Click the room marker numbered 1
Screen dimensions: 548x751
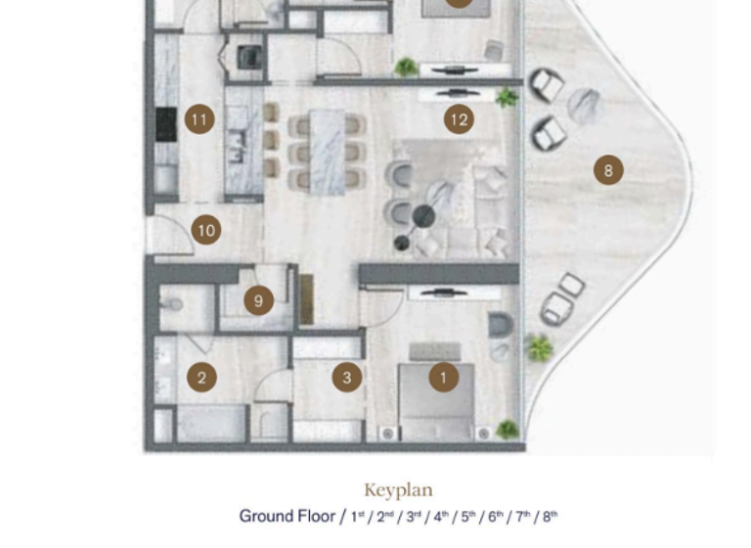[x=443, y=377]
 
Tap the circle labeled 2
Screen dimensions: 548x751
[x=201, y=377]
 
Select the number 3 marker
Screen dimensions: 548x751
[x=346, y=377]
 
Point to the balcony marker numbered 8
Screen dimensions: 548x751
[x=608, y=170]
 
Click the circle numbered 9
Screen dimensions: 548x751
[x=258, y=300]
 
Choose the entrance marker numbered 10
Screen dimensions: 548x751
[x=205, y=231]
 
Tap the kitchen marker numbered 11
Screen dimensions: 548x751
[x=199, y=120]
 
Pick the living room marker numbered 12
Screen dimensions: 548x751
[x=458, y=120]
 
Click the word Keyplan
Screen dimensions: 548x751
[x=398, y=490]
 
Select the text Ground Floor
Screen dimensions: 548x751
[x=287, y=516]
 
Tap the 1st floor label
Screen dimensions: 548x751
[x=359, y=516]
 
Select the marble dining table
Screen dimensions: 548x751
[x=328, y=151]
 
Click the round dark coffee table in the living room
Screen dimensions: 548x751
[x=423, y=216]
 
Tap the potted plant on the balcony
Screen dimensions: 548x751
[x=538, y=346]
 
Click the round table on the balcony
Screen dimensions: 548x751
[x=585, y=105]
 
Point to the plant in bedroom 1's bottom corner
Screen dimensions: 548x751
[x=507, y=429]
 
